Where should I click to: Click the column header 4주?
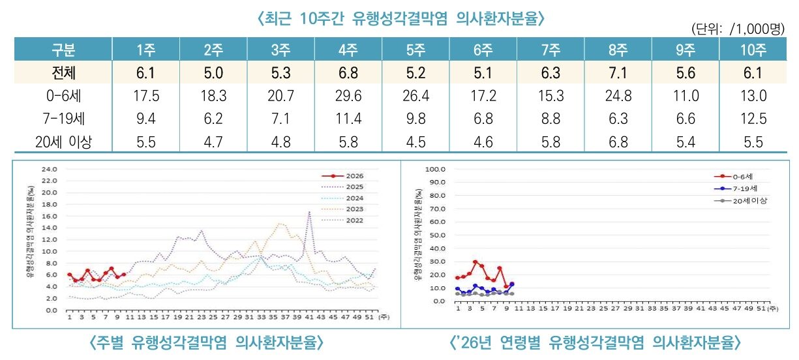348,50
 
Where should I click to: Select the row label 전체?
63,74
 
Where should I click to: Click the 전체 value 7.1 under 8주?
618,74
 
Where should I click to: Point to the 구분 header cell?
63,50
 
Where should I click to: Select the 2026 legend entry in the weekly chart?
345,175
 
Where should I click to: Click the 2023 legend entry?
345,209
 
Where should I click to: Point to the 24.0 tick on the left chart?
50,169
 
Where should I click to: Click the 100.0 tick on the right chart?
436,169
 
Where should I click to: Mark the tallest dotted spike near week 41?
309,212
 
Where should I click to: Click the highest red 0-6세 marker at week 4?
475,262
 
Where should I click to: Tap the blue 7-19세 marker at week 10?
512,284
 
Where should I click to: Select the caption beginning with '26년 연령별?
595,342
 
